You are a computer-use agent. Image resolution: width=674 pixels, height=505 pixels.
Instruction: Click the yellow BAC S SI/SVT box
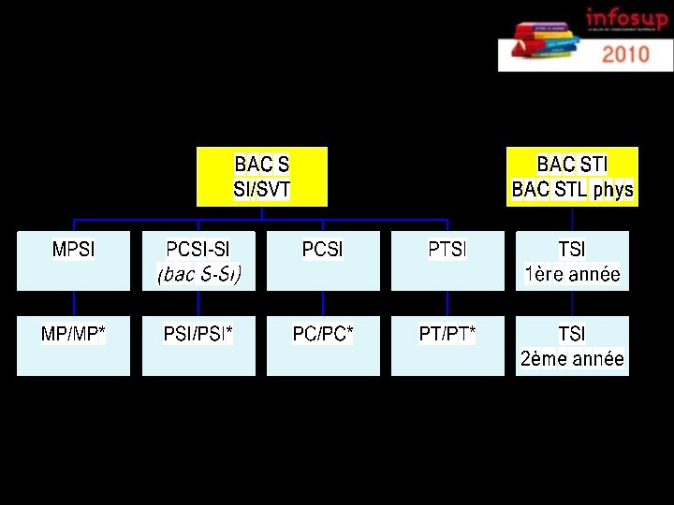tap(262, 176)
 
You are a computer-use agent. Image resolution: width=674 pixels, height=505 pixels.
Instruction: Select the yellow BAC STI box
tap(572, 176)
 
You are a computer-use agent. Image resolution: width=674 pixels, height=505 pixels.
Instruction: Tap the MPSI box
tap(74, 261)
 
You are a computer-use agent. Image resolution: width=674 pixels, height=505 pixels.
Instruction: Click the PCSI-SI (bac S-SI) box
tap(198, 261)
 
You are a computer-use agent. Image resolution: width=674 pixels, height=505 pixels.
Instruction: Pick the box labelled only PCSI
tap(323, 261)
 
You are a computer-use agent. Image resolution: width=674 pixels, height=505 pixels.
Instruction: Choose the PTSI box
tap(447, 261)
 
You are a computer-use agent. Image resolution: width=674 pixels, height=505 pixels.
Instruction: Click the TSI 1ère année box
tap(572, 261)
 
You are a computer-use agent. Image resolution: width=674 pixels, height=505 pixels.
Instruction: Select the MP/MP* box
tap(74, 346)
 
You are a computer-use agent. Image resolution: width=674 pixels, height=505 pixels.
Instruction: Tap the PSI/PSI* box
tap(198, 346)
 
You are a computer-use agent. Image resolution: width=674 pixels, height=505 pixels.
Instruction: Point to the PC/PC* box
tap(323, 346)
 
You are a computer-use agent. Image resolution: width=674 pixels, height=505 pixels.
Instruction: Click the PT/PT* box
tap(447, 346)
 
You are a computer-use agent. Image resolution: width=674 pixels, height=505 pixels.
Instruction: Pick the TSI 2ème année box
tap(572, 346)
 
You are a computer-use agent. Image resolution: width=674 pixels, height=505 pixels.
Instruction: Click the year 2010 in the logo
tap(625, 53)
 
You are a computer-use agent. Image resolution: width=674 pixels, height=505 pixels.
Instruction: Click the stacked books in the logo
tap(540, 39)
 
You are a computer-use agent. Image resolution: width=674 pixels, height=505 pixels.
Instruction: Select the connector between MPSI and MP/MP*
tap(74, 304)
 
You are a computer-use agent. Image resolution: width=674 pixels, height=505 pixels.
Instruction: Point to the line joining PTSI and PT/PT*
tap(447, 304)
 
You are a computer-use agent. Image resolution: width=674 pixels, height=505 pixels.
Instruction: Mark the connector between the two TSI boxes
tap(572, 304)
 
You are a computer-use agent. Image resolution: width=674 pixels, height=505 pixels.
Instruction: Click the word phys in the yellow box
tap(613, 191)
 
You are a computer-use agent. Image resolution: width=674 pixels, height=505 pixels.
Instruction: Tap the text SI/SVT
tap(262, 191)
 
